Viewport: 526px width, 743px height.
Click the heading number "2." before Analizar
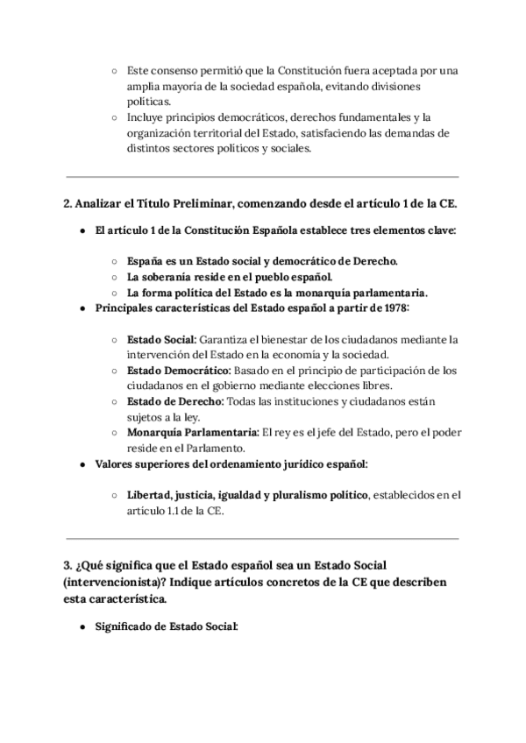coord(68,204)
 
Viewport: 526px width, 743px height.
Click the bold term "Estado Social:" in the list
coord(161,338)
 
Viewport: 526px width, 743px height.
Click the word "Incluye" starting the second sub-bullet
coord(146,117)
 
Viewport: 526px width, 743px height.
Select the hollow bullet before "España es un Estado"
coord(115,261)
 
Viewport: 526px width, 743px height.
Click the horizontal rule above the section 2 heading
coord(262,176)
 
